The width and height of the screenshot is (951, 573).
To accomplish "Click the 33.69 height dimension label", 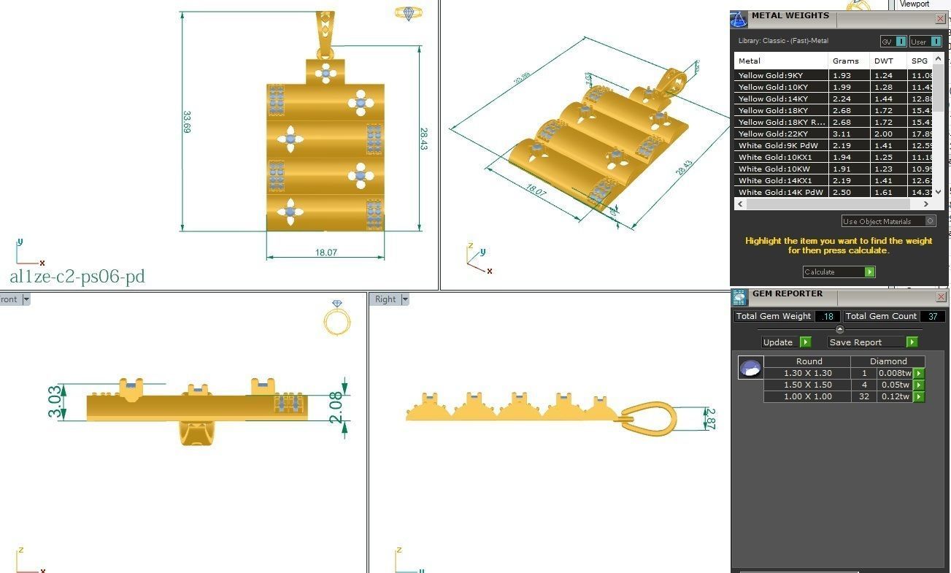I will pyautogui.click(x=187, y=121).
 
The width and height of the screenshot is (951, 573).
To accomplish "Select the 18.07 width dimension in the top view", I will pyautogui.click(x=326, y=253).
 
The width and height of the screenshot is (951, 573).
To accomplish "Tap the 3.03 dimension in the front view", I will pyautogui.click(x=55, y=402).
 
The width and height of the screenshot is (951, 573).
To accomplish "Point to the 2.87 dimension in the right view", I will pyautogui.click(x=710, y=418).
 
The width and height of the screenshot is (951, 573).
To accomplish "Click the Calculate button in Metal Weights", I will pyautogui.click(x=839, y=272).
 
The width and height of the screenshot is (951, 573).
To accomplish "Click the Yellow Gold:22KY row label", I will pyautogui.click(x=771, y=134).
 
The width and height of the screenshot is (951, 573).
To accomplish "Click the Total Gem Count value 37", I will pyautogui.click(x=932, y=316).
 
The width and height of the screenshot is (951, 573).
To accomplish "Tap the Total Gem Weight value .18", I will pyautogui.click(x=828, y=316).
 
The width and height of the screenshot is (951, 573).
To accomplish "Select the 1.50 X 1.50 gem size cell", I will pyautogui.click(x=807, y=385).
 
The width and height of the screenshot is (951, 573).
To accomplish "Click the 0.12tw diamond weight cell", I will pyautogui.click(x=893, y=396).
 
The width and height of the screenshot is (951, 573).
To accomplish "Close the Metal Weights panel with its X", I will pyautogui.click(x=940, y=18).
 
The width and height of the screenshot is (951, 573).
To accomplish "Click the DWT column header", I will pyautogui.click(x=883, y=61).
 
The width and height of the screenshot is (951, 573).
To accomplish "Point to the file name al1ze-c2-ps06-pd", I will pyautogui.click(x=77, y=277).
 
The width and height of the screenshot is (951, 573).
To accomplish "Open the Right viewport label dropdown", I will pyautogui.click(x=405, y=299).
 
